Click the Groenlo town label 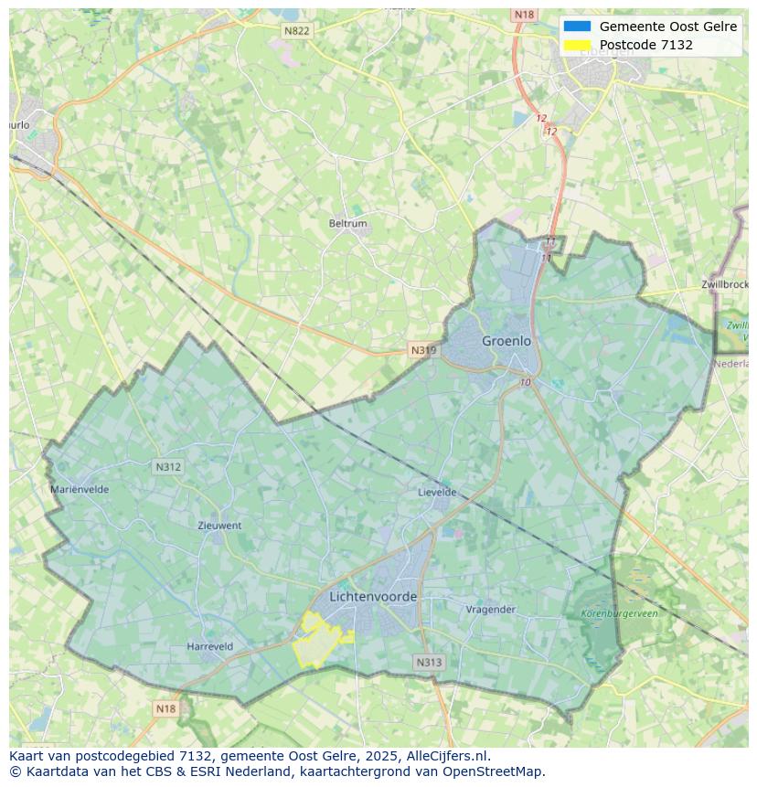tap(506, 341)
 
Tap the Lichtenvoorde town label tap(373, 597)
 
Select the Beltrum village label tap(347, 224)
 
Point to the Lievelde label tap(437, 492)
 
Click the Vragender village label tap(491, 610)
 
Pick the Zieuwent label tap(219, 526)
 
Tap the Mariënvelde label tap(80, 489)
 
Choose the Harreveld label tap(209, 646)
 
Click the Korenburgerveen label tap(619, 614)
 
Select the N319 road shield tap(422, 350)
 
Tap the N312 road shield tap(168, 467)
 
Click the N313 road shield tap(429, 663)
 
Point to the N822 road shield tap(296, 31)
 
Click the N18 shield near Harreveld tap(165, 708)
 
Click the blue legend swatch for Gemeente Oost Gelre tap(577, 27)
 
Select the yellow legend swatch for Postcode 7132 tap(577, 45)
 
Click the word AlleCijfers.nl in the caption tap(448, 756)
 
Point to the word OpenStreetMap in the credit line tap(496, 771)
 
